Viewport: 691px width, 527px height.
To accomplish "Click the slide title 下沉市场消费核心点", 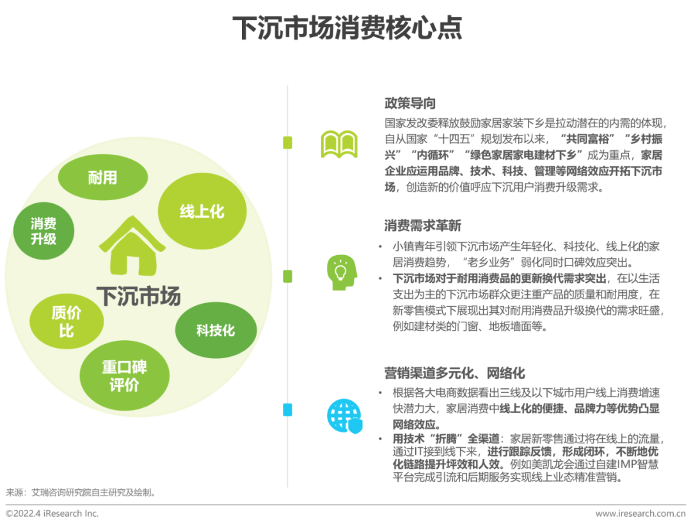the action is click(x=346, y=29).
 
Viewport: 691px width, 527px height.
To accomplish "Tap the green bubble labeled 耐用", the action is click(x=102, y=177).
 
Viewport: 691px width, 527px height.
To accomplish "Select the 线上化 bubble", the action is click(x=202, y=211).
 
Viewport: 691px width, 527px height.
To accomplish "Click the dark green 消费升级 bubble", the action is click(x=44, y=232).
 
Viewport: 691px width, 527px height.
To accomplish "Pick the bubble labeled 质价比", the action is click(x=67, y=322).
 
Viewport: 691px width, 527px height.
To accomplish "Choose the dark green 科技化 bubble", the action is click(x=216, y=331).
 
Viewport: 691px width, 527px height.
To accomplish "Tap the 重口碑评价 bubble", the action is click(x=124, y=376).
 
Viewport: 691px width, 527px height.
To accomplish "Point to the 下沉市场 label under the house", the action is click(x=139, y=295).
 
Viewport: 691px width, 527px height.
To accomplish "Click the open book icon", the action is click(x=339, y=144).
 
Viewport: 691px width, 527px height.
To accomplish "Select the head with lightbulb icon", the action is click(x=339, y=273).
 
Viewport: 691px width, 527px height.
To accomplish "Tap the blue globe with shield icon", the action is click(x=344, y=416).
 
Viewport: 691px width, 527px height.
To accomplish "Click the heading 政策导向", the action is click(x=410, y=103).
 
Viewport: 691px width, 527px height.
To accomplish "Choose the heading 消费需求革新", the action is click(x=422, y=225).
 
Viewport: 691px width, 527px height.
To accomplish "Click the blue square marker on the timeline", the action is click(x=287, y=409).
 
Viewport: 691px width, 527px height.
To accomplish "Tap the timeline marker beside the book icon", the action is click(x=287, y=143).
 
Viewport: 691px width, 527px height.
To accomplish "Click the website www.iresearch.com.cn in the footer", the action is click(x=640, y=514).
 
